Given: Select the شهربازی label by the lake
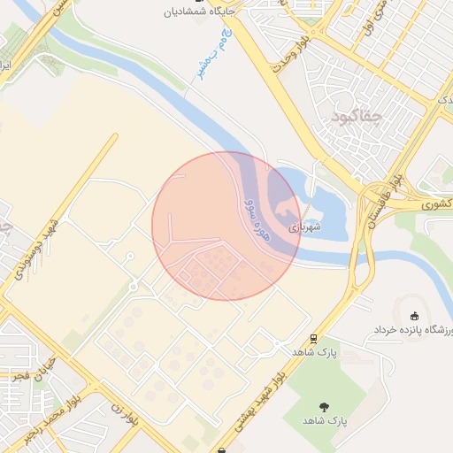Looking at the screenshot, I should point(304,227).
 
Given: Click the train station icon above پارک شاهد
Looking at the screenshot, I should point(313,338).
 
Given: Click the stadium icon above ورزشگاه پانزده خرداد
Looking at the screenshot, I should point(414,315).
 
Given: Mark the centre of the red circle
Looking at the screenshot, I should point(226,226).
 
